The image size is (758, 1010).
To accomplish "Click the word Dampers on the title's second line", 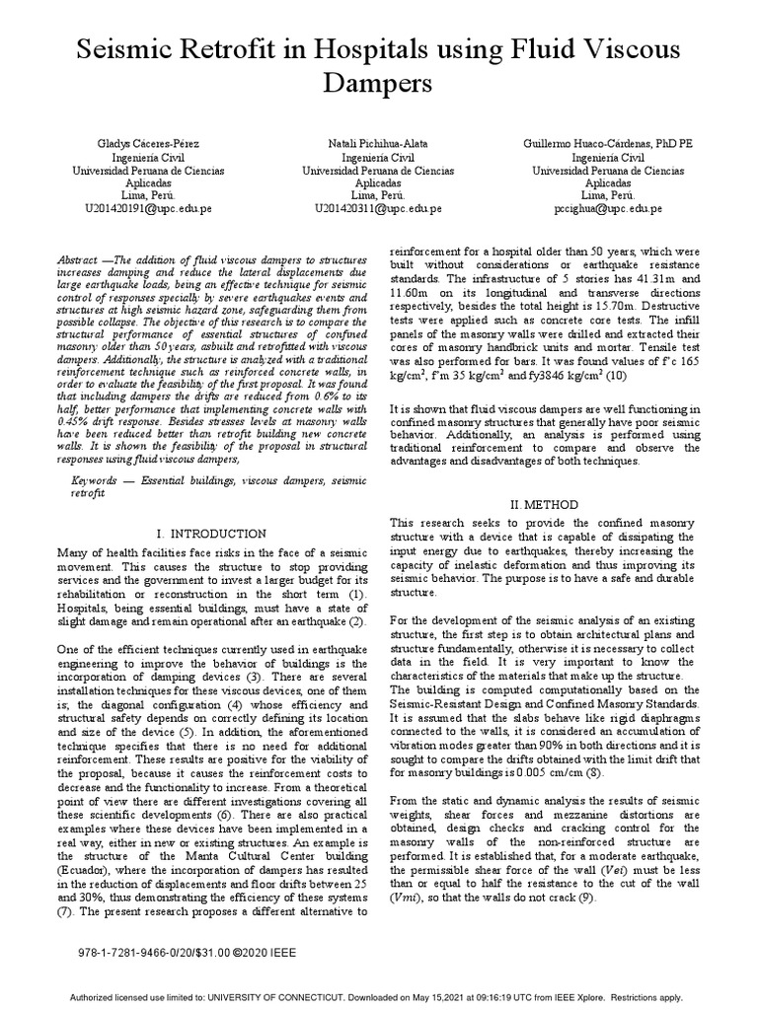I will (x=378, y=84).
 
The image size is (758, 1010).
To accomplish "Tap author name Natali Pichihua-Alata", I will (x=378, y=144).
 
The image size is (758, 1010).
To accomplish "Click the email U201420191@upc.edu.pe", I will (x=149, y=209).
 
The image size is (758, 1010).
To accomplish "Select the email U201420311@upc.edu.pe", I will (x=378, y=209).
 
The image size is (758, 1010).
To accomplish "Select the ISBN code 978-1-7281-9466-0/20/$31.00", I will (x=153, y=955).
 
